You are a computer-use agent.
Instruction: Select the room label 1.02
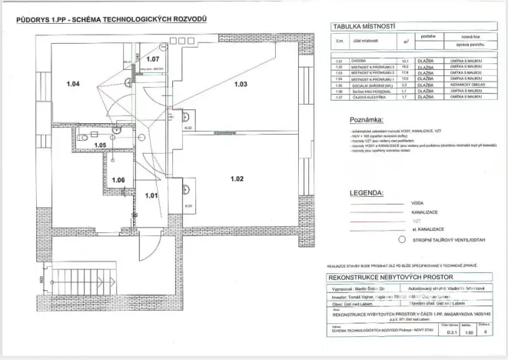(236, 179)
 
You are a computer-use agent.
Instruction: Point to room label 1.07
(153, 58)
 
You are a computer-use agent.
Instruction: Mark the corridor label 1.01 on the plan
(151, 195)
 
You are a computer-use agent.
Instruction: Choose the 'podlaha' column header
(428, 36)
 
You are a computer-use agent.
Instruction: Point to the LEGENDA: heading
(366, 192)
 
